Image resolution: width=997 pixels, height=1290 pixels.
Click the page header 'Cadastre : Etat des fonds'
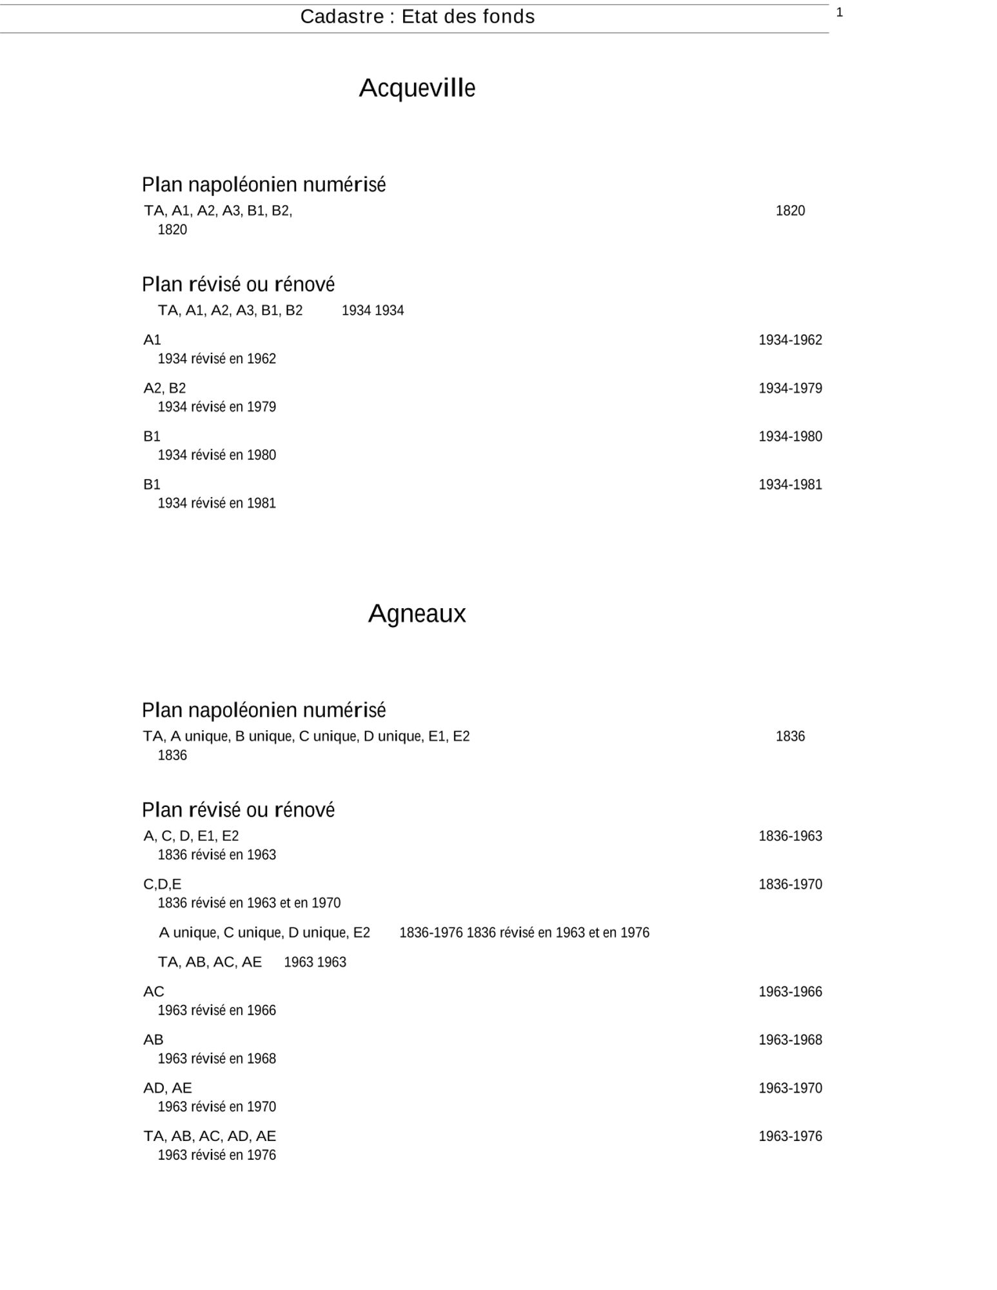(417, 17)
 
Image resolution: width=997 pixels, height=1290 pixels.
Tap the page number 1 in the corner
(840, 12)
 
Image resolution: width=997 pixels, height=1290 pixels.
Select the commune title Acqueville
(417, 88)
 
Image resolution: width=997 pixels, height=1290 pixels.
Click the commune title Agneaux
(417, 613)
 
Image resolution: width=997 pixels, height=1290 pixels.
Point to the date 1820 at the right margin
(790, 211)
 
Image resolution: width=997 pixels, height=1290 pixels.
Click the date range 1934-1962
(790, 340)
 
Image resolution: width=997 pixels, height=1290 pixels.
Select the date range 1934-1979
(790, 388)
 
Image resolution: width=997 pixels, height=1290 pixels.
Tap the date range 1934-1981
(790, 485)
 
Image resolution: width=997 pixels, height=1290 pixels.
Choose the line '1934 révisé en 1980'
(217, 455)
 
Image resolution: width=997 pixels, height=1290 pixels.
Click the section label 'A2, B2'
(164, 388)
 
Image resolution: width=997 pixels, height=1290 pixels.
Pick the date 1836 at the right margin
(790, 737)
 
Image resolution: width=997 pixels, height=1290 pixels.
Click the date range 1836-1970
(790, 884)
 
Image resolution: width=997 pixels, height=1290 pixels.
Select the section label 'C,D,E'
(163, 884)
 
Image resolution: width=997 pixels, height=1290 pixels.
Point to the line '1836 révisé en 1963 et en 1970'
(249, 903)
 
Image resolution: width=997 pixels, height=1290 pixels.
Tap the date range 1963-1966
(790, 992)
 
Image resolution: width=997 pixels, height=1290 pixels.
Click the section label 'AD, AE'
(168, 1088)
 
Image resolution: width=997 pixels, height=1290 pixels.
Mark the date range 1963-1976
(790, 1136)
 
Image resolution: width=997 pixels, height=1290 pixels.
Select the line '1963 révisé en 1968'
(217, 1059)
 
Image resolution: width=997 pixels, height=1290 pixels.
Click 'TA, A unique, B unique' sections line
(306, 737)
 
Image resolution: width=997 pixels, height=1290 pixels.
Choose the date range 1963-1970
(790, 1088)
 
